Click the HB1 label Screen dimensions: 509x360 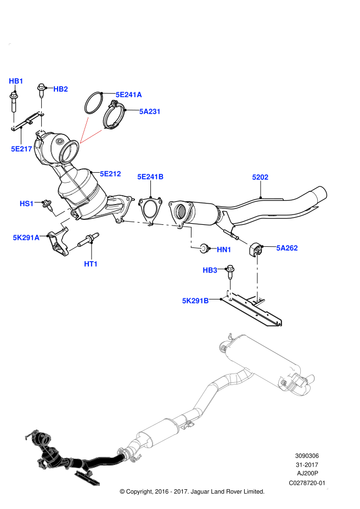16,81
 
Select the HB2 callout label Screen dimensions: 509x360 60,89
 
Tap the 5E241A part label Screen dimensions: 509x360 128,95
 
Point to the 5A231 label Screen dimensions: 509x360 149,112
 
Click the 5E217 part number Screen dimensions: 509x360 21,149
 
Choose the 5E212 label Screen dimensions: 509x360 110,174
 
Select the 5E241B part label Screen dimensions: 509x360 150,177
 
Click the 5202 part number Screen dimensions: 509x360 260,177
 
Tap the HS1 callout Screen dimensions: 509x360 26,204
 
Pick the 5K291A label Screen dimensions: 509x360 26,238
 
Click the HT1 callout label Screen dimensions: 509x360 91,264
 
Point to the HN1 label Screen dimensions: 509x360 224,250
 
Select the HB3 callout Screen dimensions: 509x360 210,270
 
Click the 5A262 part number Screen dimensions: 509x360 286,248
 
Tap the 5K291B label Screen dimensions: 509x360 195,301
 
